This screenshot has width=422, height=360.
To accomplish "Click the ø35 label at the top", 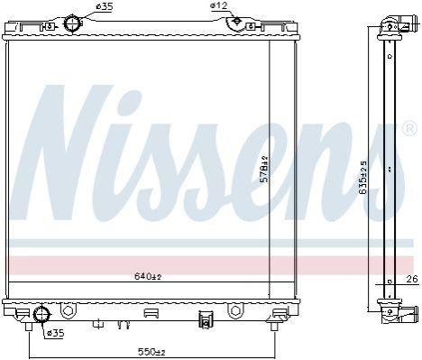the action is point(104,6).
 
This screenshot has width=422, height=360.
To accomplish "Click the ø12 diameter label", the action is point(218,5).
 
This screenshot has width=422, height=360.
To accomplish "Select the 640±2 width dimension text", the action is point(148,276).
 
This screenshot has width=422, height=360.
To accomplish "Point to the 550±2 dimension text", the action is point(151,351).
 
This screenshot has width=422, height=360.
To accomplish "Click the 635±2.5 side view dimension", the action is point(363,178).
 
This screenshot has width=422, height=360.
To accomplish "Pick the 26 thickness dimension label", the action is point(413,279).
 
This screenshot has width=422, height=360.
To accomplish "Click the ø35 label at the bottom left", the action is point(56,333).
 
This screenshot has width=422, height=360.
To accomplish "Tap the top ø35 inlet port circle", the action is point(72,23).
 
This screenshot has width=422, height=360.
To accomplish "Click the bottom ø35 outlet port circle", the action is point(41,315).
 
